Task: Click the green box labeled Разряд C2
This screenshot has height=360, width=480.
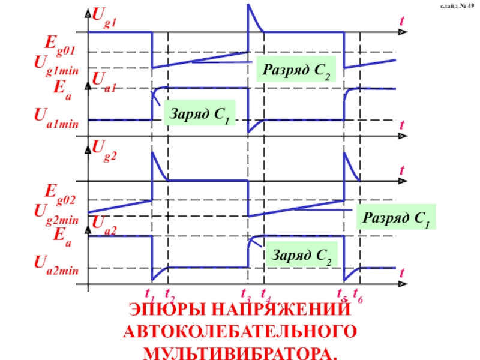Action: coord(296,71)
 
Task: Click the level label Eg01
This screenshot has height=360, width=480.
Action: coord(64,43)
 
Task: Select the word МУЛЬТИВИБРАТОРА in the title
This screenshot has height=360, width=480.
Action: coord(239,350)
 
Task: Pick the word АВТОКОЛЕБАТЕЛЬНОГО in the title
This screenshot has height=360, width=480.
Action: coord(239,331)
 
